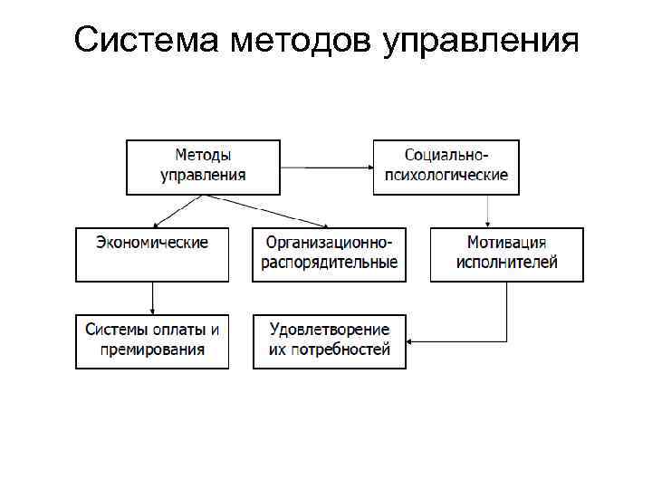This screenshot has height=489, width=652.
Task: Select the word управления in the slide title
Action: pyautogui.click(x=480, y=42)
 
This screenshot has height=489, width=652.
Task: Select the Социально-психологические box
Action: pyautogui.click(x=446, y=167)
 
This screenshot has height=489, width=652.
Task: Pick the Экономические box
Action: pyautogui.click(x=152, y=254)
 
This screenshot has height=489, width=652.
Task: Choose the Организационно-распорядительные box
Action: pyautogui.click(x=330, y=254)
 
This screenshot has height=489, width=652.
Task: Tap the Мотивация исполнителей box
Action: pyautogui.click(x=506, y=254)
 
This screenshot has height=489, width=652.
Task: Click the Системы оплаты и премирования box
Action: pyautogui.click(x=152, y=340)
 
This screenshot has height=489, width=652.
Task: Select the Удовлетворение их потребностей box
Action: pyautogui.click(x=330, y=340)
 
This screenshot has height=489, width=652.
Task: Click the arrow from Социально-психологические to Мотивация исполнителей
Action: pyautogui.click(x=490, y=211)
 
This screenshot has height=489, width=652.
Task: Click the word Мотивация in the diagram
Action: pyautogui.click(x=506, y=243)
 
